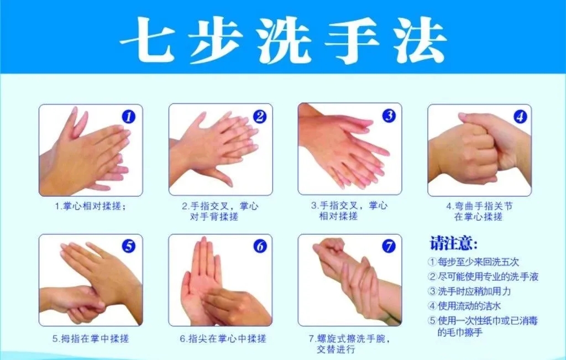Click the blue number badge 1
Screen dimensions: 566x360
pos(129,117)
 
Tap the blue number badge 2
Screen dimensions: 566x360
pos(260,116)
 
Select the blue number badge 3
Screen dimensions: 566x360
pos(389,116)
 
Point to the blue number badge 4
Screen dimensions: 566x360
pos(520,116)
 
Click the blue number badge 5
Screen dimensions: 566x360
pos(129,246)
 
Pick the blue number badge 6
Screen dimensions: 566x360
pos(260,246)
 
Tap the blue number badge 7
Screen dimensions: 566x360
pos(389,246)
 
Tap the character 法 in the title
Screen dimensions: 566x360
pos(419,40)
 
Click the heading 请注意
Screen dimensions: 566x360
pos(454,243)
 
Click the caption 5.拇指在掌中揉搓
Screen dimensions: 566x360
pos(91,338)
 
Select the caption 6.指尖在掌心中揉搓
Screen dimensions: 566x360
pos(223,338)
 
